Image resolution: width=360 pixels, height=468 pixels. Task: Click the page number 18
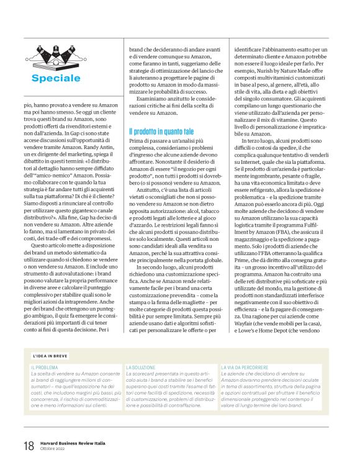29,446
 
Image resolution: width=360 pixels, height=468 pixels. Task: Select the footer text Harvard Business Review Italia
73,443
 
